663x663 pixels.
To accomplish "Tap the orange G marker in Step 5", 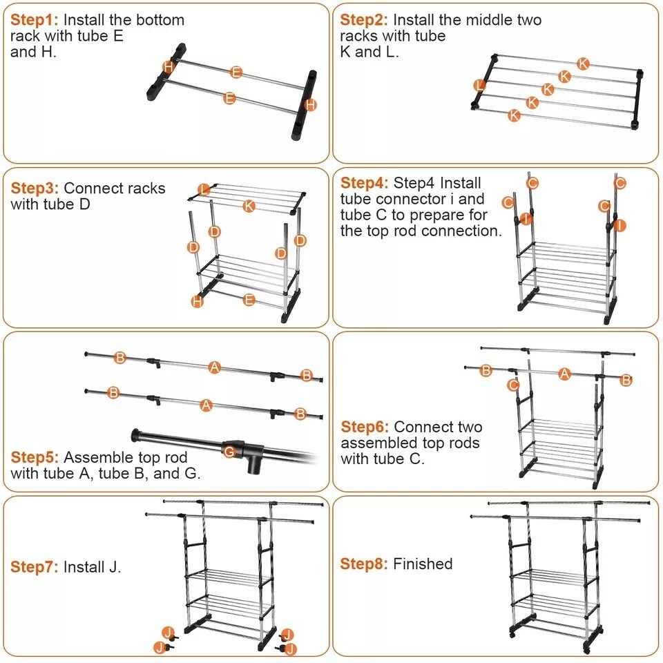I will pos(230,452).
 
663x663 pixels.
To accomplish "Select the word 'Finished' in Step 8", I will pos(423,564).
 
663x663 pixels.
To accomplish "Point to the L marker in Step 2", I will pos(480,85).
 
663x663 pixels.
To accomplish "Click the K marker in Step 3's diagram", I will pos(249,206).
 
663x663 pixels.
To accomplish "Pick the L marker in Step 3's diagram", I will pos(203,189).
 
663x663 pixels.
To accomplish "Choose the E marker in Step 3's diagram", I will pos(249,300).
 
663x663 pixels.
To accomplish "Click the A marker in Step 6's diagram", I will pos(564,374).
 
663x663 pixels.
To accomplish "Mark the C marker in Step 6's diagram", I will pos(513,385).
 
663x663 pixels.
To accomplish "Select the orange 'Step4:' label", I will pos(364,183).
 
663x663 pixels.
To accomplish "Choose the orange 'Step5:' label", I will pos(35,457).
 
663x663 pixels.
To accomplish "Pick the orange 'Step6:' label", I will pos(365,427).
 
